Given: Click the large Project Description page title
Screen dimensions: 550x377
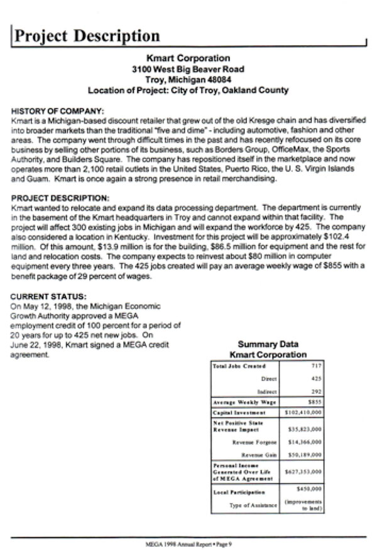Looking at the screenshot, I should click(87, 35).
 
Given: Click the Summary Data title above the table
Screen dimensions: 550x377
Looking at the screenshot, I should click(268, 344).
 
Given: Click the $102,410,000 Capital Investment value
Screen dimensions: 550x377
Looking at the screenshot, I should click(303, 413).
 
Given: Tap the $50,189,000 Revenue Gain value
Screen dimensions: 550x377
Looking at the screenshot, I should click(305, 454).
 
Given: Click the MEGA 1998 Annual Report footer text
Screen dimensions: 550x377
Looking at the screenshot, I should click(188, 542).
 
